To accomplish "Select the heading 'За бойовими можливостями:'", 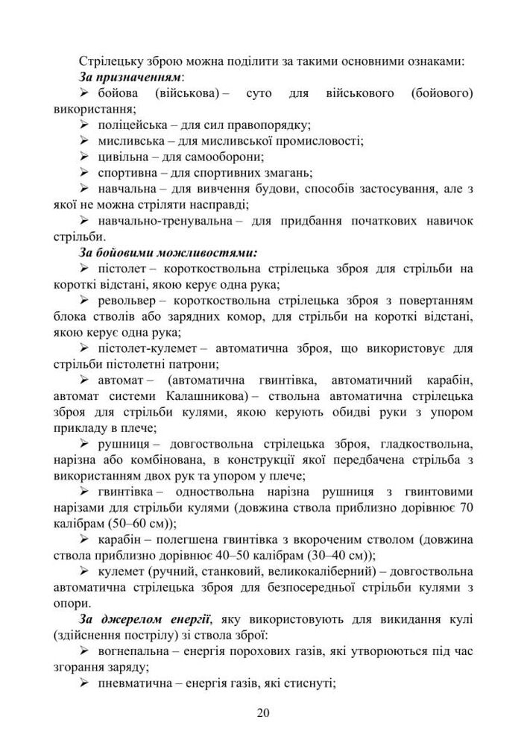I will click(x=168, y=252).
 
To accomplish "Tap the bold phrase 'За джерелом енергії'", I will click(x=145, y=619).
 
